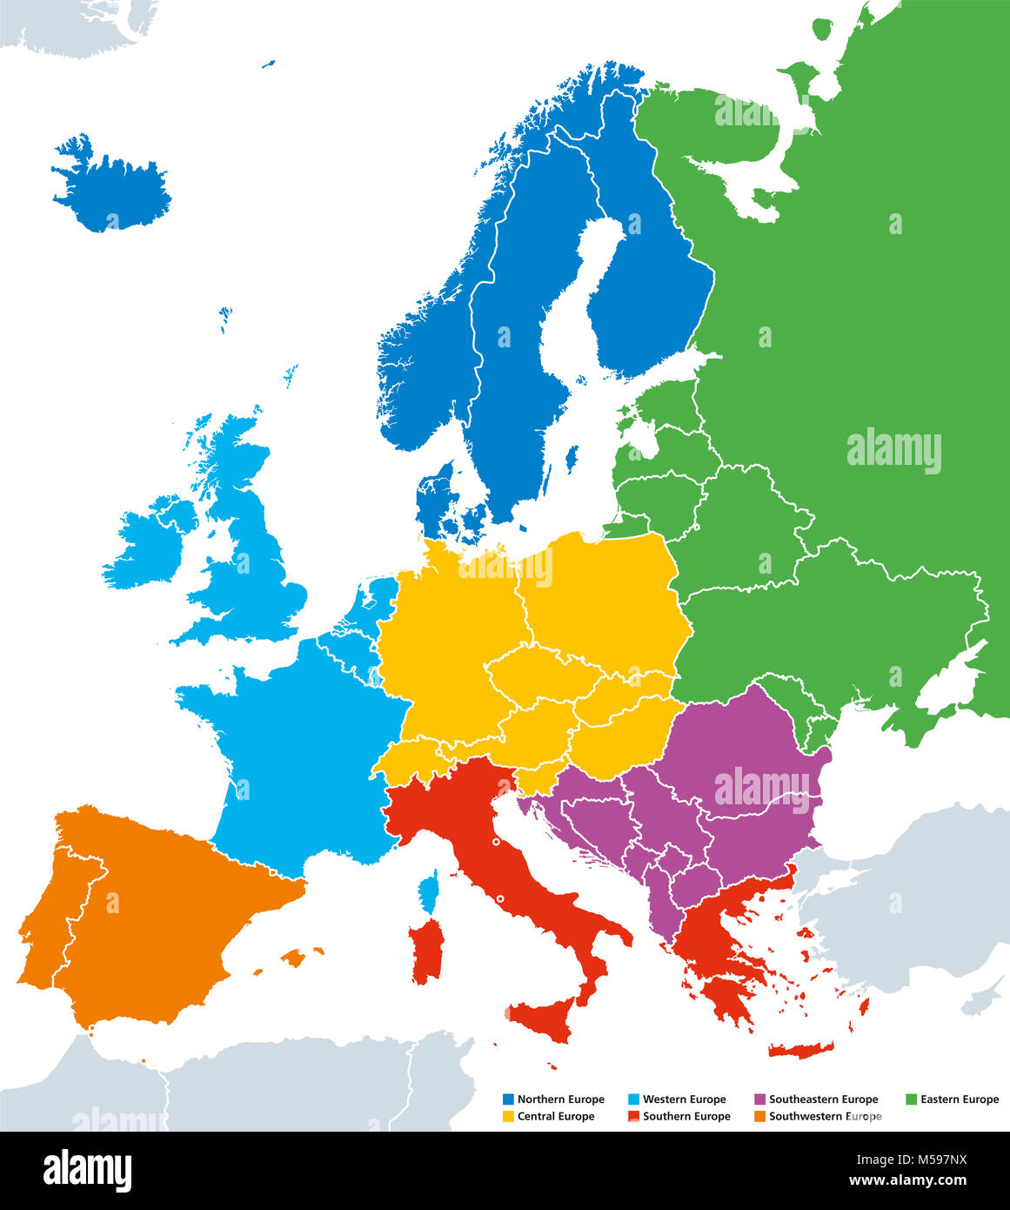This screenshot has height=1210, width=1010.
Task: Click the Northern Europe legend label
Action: coord(560,1099)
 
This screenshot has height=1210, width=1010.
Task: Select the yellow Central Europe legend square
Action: coord(509,1116)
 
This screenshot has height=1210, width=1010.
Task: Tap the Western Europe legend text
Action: coord(684,1099)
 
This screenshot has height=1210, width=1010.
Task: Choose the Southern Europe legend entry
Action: coord(686,1116)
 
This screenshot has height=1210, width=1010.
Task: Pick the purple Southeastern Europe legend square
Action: coord(759,1099)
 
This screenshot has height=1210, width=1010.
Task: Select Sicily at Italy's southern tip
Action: coord(543,1018)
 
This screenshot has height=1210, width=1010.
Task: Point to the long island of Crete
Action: coord(800,1050)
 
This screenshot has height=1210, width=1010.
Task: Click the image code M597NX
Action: coord(954,1161)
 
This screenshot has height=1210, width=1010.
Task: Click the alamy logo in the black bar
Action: coord(87,1169)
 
